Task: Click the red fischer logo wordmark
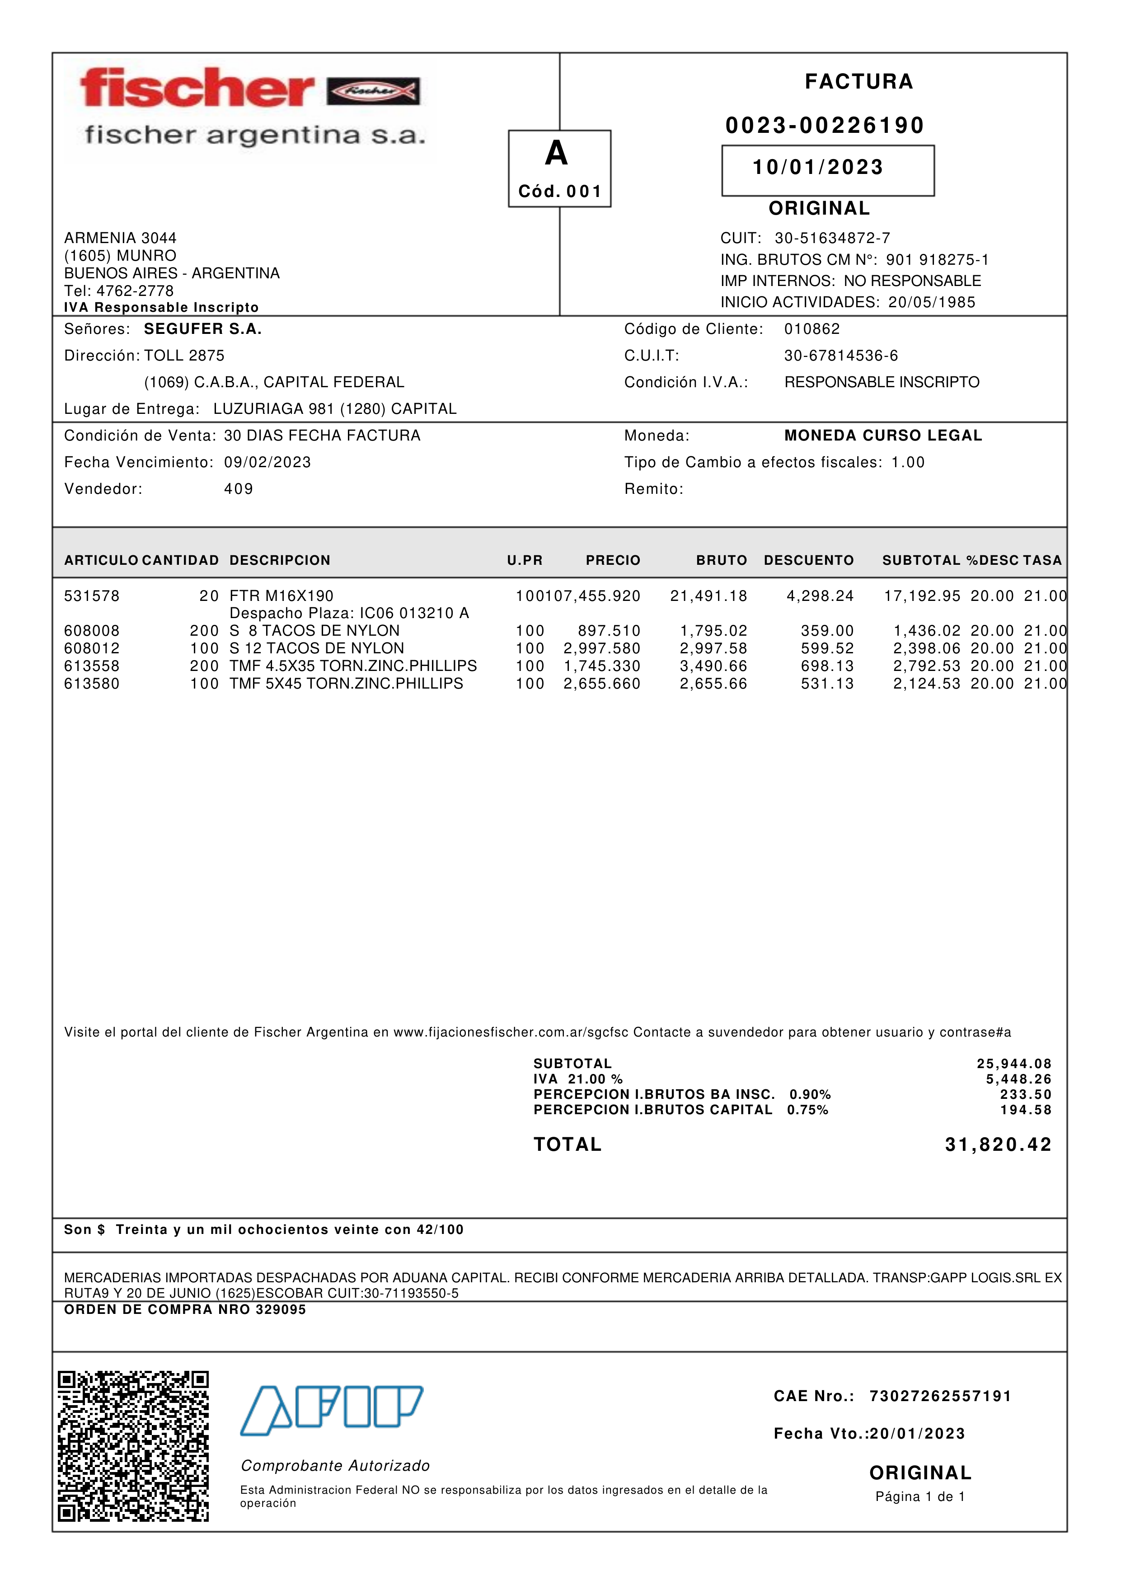pos(197,89)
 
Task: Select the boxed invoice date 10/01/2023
pos(818,168)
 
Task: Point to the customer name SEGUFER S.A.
pos(203,329)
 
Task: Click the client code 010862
pos(812,329)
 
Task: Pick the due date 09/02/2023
pos(267,463)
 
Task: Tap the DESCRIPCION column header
pos(280,561)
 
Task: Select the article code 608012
pos(92,649)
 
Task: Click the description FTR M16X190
pos(281,596)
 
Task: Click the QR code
pos(133,1445)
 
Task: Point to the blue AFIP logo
pos(331,1410)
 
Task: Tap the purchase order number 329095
pos(280,1309)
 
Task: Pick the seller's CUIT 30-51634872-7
pos(832,238)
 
